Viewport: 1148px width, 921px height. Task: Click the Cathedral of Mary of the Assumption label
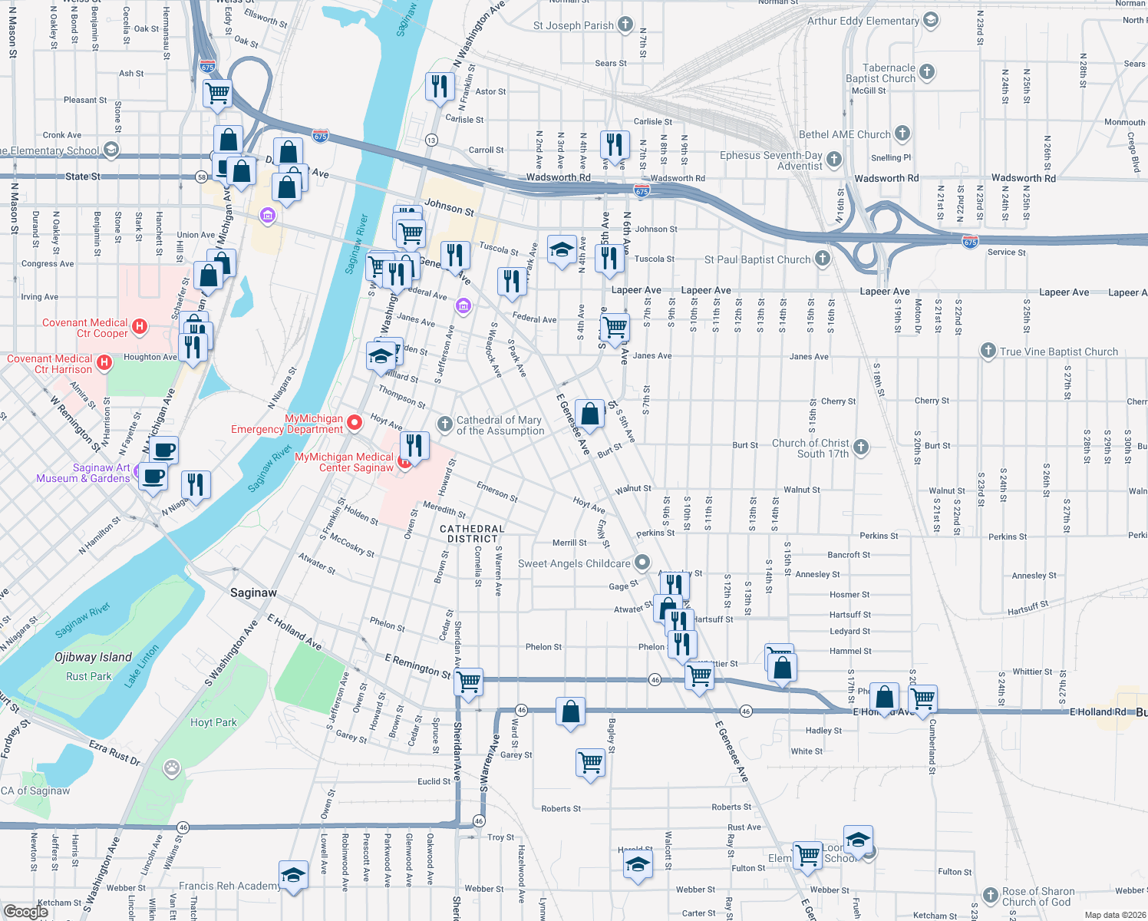coord(499,425)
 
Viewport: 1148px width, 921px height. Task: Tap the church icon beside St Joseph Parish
coord(625,25)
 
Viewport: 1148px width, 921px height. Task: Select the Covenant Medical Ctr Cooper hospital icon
coord(140,326)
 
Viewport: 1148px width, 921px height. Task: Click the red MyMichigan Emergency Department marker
coord(355,422)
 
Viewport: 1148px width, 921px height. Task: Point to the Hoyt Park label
coord(213,722)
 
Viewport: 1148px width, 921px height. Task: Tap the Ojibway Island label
coord(93,657)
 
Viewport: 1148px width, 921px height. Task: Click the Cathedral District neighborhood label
coord(472,533)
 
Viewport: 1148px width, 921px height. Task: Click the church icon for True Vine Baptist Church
coord(988,351)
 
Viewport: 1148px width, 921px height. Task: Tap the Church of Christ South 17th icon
coord(861,447)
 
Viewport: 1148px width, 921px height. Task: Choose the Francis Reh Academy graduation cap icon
coord(292,875)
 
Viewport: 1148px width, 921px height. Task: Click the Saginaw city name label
coord(253,593)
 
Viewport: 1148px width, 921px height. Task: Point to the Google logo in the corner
coord(25,911)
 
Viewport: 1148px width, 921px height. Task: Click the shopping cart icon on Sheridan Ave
coord(469,681)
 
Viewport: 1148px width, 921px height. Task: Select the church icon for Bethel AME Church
coord(902,134)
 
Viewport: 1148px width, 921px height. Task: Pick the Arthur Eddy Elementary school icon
coord(931,20)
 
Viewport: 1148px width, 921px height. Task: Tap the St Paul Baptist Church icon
coord(823,259)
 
